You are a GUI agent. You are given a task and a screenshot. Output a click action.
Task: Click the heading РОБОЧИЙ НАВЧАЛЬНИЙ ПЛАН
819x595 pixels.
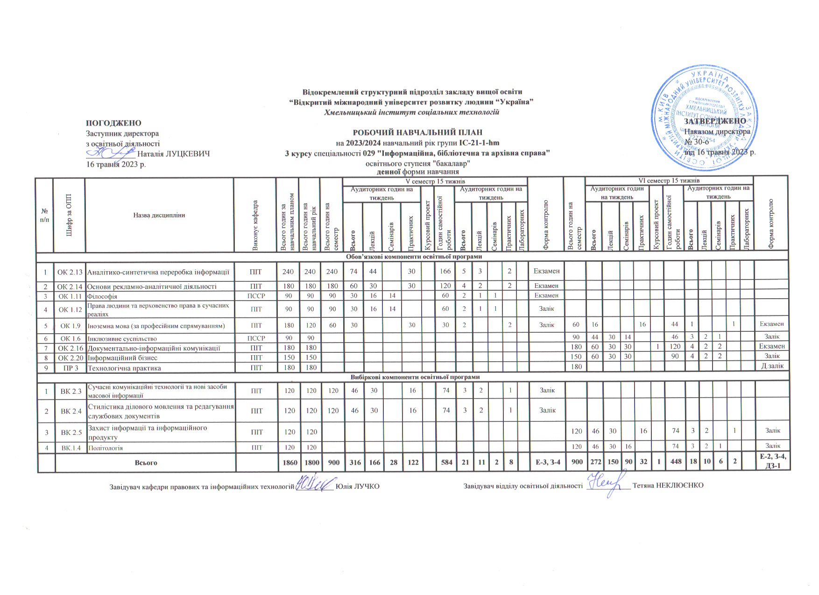417,133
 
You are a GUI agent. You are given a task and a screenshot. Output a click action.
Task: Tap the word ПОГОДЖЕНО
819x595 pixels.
113,123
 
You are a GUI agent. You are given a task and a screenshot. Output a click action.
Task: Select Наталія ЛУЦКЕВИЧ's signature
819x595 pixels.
111,152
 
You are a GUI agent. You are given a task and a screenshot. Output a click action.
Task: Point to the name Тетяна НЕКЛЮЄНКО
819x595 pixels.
667,486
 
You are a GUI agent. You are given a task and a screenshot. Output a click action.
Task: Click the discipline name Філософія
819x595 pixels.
102,296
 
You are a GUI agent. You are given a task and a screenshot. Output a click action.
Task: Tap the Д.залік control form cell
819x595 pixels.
772,366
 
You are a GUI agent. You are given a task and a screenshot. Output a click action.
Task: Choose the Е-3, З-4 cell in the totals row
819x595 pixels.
545,462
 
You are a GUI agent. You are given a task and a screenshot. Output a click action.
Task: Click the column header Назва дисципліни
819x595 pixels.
159,215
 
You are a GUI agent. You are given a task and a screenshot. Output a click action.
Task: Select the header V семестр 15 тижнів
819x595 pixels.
434,181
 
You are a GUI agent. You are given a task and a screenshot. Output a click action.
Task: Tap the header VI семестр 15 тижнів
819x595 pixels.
669,180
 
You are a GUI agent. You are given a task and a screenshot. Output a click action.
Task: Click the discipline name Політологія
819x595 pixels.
105,448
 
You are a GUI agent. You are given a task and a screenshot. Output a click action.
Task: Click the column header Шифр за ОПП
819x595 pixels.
69,215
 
